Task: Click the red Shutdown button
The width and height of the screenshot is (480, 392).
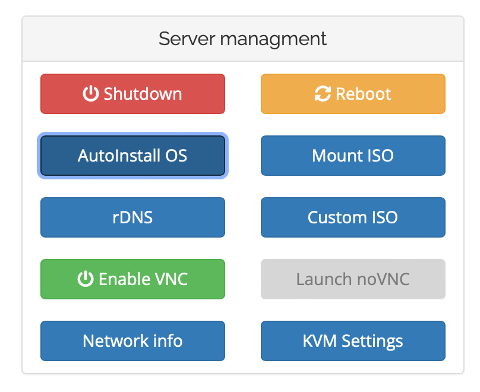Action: point(132,94)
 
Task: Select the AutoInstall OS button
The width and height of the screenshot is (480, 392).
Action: point(132,156)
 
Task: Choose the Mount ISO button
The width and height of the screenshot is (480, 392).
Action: point(353,156)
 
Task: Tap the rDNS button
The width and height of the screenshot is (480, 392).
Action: point(132,217)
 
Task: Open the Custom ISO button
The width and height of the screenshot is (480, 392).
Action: point(353,217)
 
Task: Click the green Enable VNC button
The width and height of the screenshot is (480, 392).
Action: point(132,279)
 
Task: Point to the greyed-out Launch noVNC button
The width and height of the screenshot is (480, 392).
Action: point(353,279)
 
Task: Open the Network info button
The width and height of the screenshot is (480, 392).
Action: point(132,341)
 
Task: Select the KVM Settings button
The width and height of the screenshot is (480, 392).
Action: point(353,341)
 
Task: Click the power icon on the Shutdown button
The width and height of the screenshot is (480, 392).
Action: point(91,93)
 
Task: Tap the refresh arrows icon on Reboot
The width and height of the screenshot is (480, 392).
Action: point(323,94)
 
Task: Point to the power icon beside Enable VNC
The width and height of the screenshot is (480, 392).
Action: point(86,279)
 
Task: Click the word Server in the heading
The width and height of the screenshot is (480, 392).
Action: point(187,39)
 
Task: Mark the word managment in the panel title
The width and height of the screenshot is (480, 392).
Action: point(273,40)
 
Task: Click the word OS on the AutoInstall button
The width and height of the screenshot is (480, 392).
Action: point(176,156)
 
